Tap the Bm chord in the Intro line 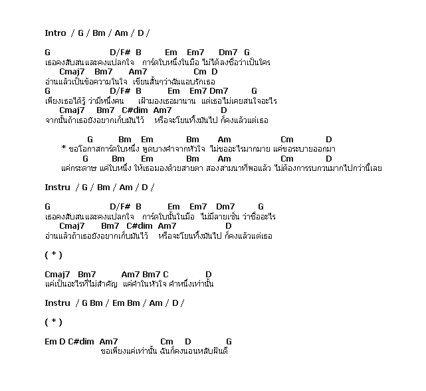click(x=99, y=33)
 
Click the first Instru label click(x=57, y=188)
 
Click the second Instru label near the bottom click(x=57, y=303)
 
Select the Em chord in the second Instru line click(x=114, y=303)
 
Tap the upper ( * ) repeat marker click(x=53, y=255)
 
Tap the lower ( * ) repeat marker click(x=53, y=322)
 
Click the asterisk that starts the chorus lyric click(x=63, y=148)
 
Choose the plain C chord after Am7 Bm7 click(x=165, y=274)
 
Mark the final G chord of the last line click(x=229, y=341)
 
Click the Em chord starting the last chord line click(x=51, y=341)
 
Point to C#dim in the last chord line click(x=81, y=341)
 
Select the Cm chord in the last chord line click(x=167, y=341)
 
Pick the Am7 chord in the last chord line click(x=108, y=341)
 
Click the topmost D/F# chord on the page click(x=120, y=52)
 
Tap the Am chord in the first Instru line click(x=126, y=188)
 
